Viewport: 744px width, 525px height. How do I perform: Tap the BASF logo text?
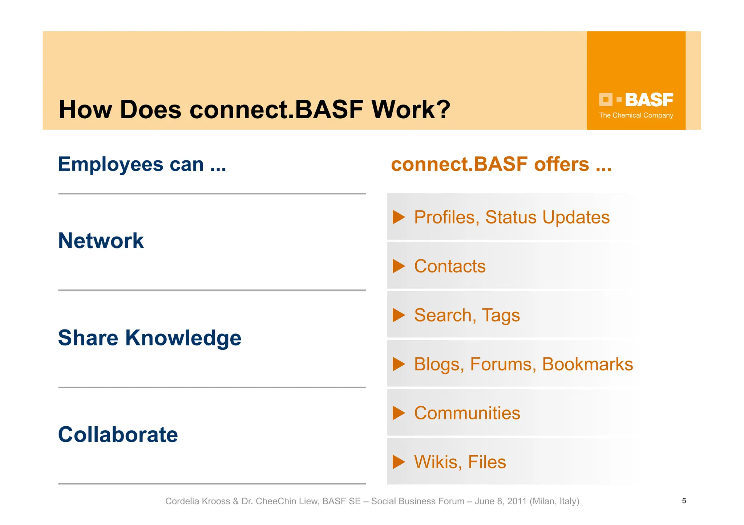[x=649, y=100]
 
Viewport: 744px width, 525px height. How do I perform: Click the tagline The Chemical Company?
[x=636, y=115]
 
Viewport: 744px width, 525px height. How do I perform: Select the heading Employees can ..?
[x=142, y=164]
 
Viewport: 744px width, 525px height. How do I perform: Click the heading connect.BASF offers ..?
[x=501, y=164]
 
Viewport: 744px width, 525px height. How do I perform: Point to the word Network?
[x=101, y=241]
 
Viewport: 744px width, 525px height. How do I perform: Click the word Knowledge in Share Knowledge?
[x=183, y=338]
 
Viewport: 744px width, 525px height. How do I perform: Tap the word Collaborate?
[x=118, y=435]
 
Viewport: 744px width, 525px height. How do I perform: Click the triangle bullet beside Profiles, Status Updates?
[x=399, y=217]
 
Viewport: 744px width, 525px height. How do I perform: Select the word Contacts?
[x=450, y=266]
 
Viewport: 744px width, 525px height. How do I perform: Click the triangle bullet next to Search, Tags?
[x=399, y=315]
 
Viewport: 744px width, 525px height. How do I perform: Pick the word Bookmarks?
[x=587, y=364]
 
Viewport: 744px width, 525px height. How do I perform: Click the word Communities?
[x=467, y=413]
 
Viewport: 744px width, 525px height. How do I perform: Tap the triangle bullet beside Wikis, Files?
[x=399, y=462]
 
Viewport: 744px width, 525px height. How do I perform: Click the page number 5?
[x=684, y=501]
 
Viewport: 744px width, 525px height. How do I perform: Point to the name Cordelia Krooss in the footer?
[x=197, y=501]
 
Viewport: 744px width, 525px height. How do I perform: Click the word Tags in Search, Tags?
[x=501, y=315]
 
